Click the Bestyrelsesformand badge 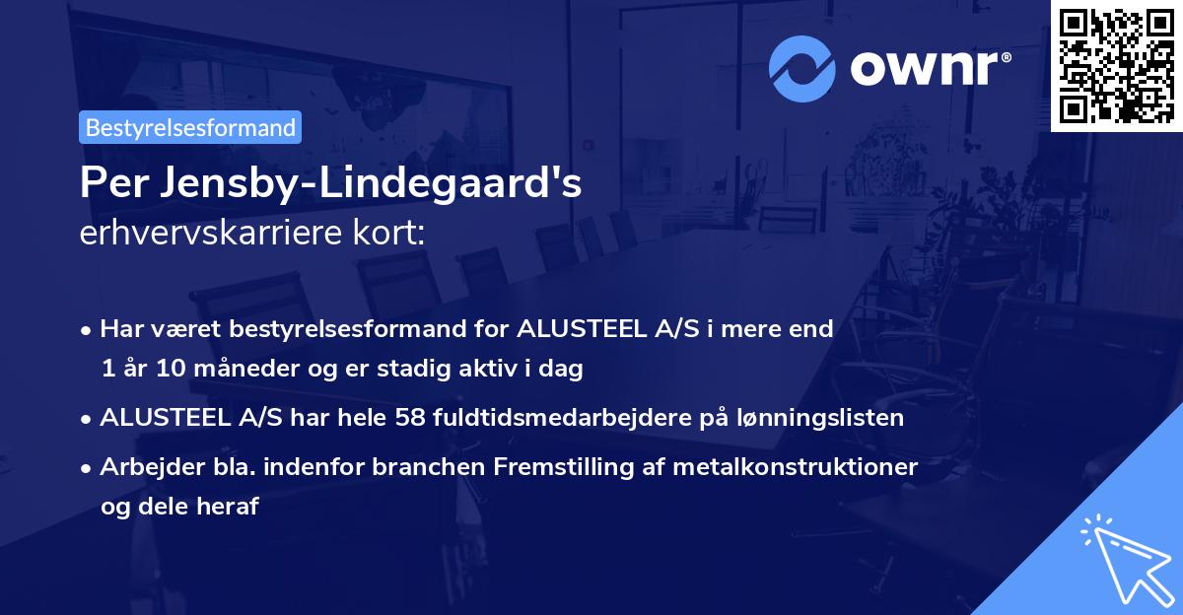click(x=190, y=127)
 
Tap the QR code click(x=1116, y=65)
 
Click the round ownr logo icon click(x=803, y=66)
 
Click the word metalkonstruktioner click(x=795, y=466)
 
